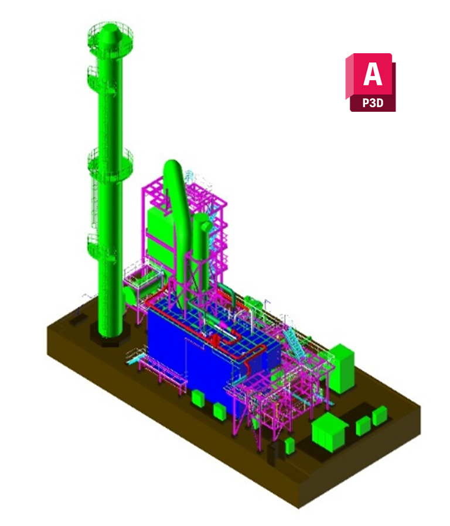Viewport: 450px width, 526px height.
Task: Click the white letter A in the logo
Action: (373, 74)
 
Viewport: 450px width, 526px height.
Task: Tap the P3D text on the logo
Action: (373, 102)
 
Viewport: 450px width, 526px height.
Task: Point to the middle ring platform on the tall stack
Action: (111, 164)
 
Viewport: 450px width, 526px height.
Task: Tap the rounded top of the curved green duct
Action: (173, 168)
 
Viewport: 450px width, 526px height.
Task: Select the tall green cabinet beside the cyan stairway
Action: (342, 368)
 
